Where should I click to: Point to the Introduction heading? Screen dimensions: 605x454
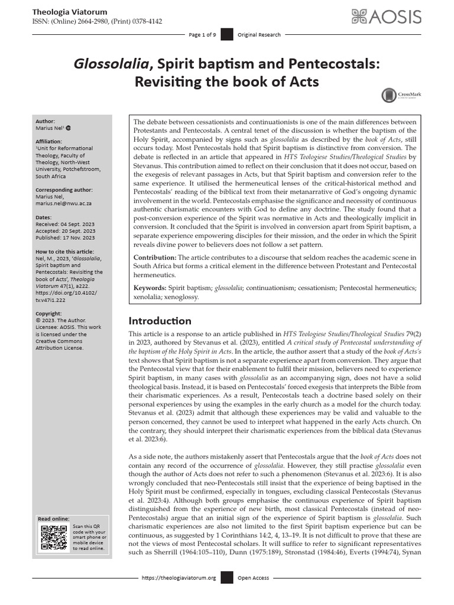coord(160,321)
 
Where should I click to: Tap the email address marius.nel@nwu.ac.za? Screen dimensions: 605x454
coord(65,202)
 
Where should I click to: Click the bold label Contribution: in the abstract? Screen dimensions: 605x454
coord(155,258)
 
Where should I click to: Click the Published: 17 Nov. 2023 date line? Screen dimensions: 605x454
coord(66,238)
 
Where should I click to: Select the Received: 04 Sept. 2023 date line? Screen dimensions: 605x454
coord(65,225)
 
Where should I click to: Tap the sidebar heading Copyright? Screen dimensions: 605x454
coord(48,314)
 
